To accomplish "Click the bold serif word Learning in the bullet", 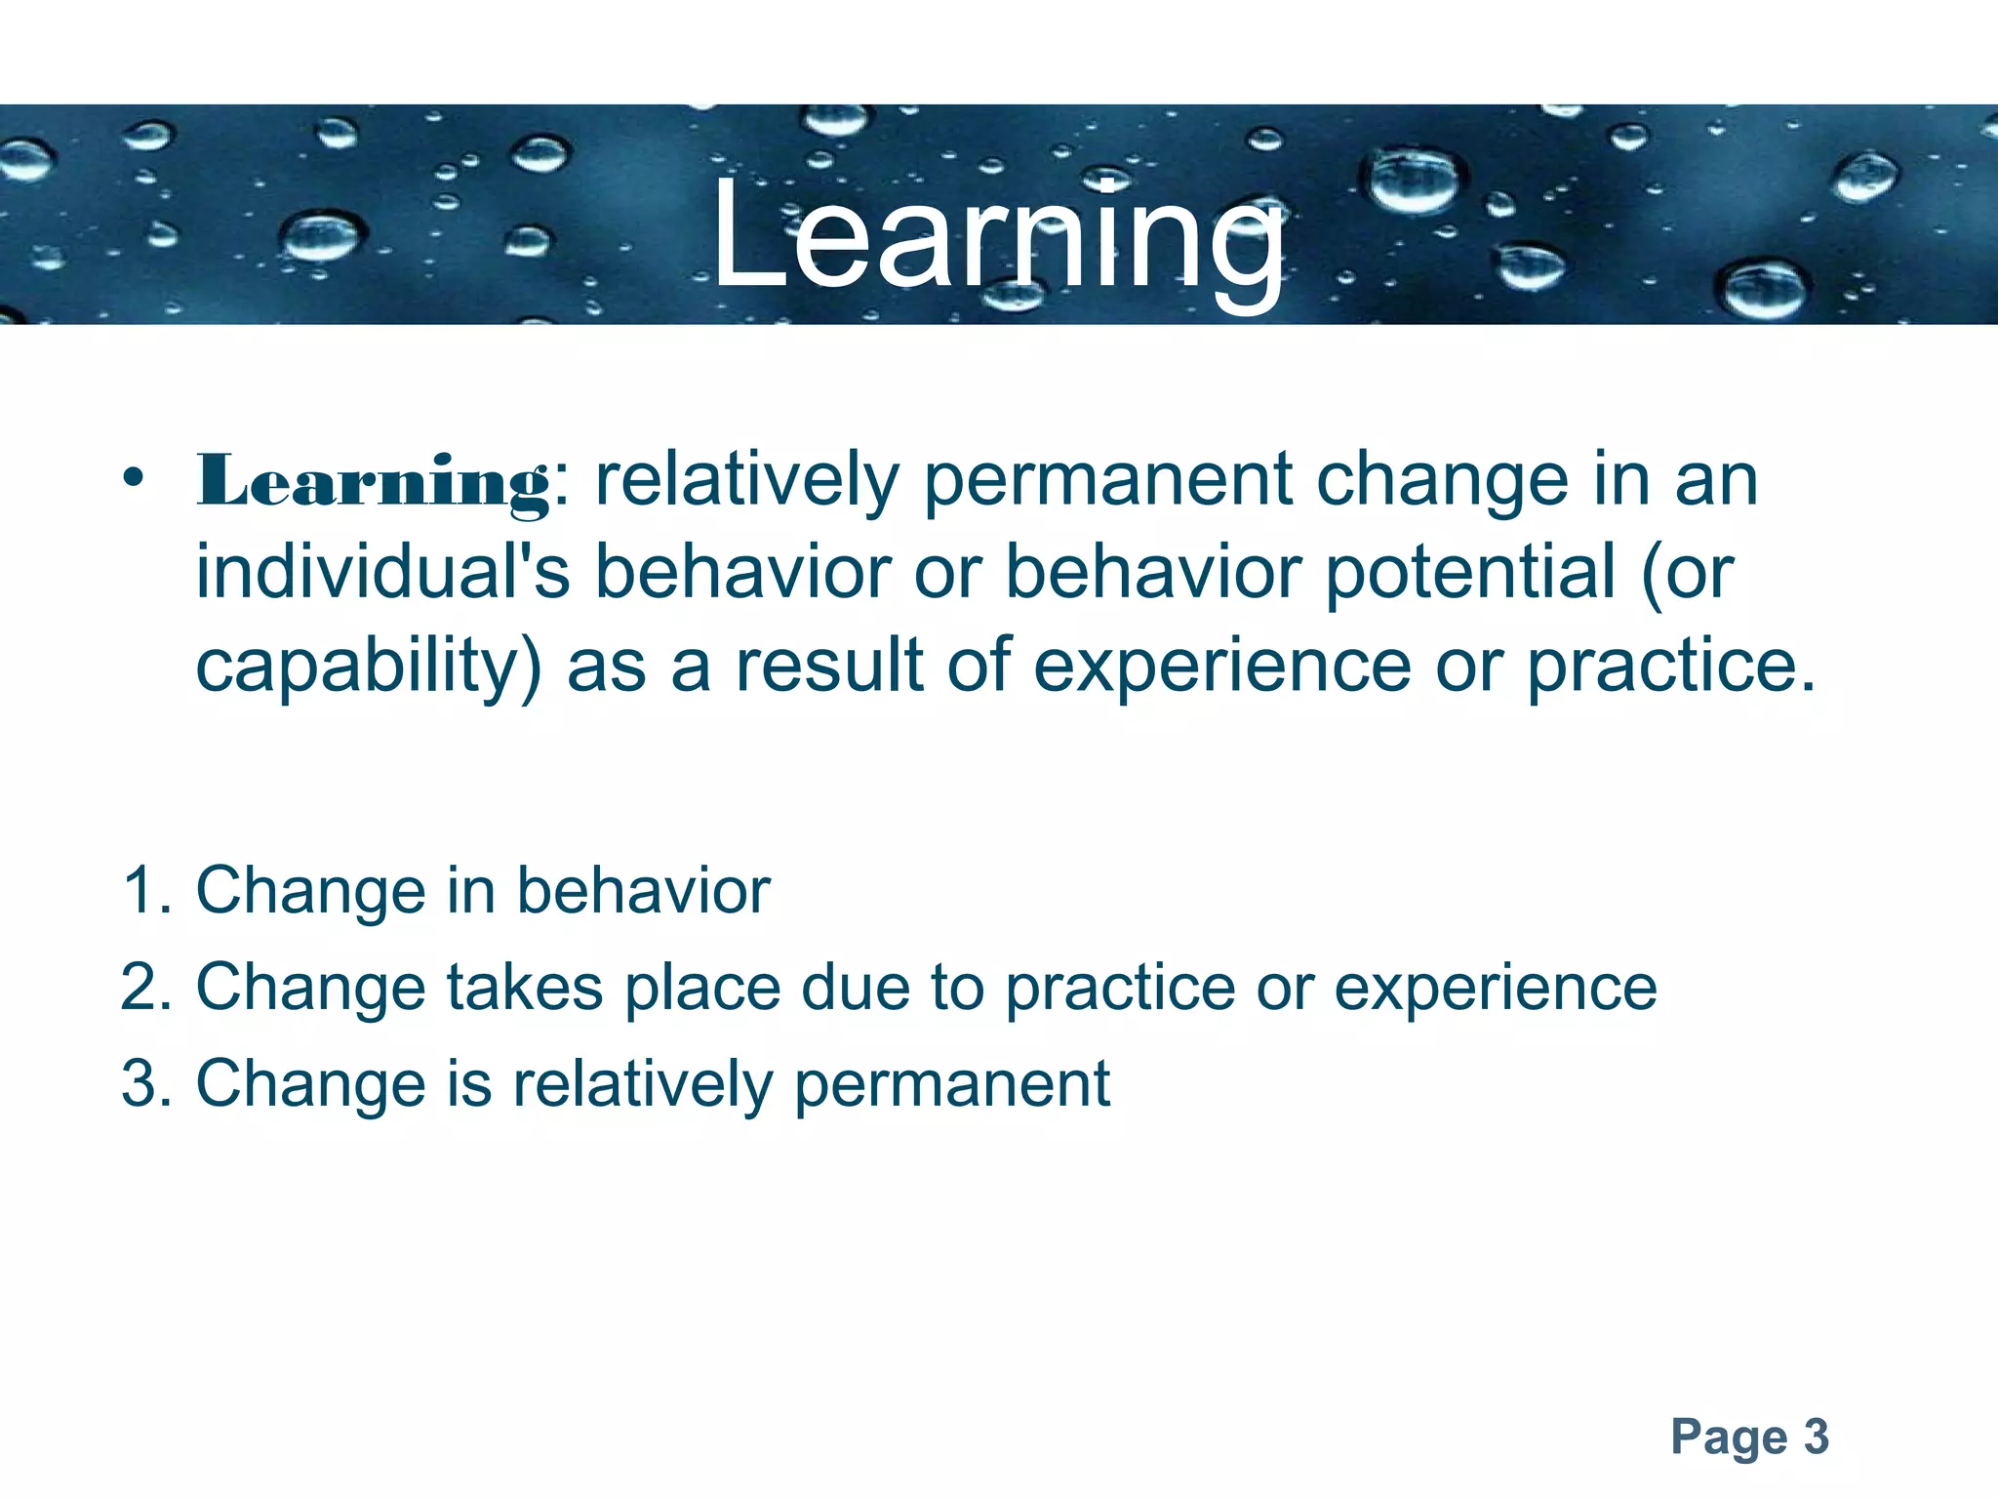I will pos(373,482).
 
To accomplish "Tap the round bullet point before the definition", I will pos(134,479).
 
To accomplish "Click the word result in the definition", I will pos(828,666).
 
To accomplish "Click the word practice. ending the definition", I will pos(1671,668).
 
